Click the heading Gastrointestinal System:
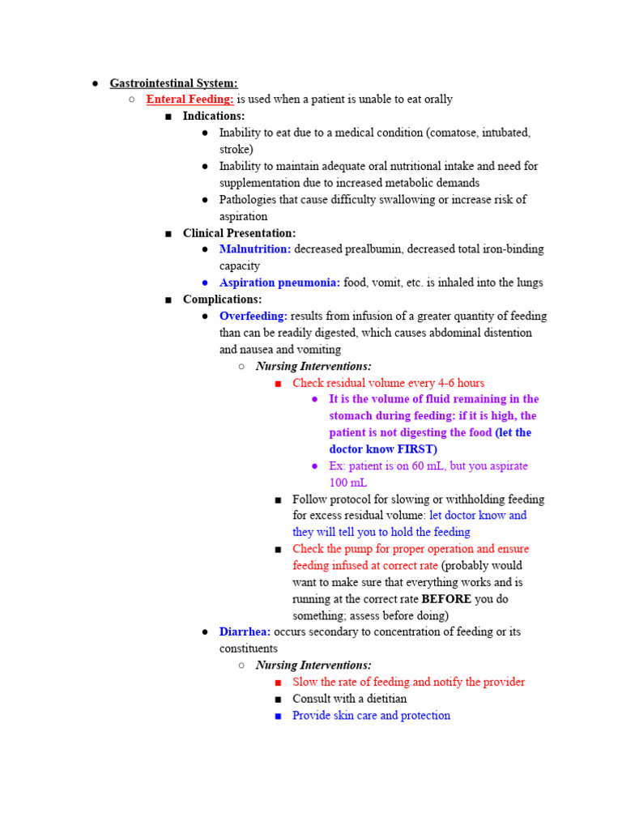coord(173,83)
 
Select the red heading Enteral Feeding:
coord(190,99)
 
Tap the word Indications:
coord(213,116)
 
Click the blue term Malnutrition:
coord(255,249)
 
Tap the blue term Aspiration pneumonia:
coord(279,283)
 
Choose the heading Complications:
coord(222,300)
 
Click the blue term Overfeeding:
coord(253,316)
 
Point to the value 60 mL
coord(437,466)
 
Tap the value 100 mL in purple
coord(348,483)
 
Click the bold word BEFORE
coord(446,599)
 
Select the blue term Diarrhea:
coord(245,632)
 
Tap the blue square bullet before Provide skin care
coord(278,716)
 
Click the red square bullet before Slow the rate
coord(278,682)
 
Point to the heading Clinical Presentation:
coord(239,233)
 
